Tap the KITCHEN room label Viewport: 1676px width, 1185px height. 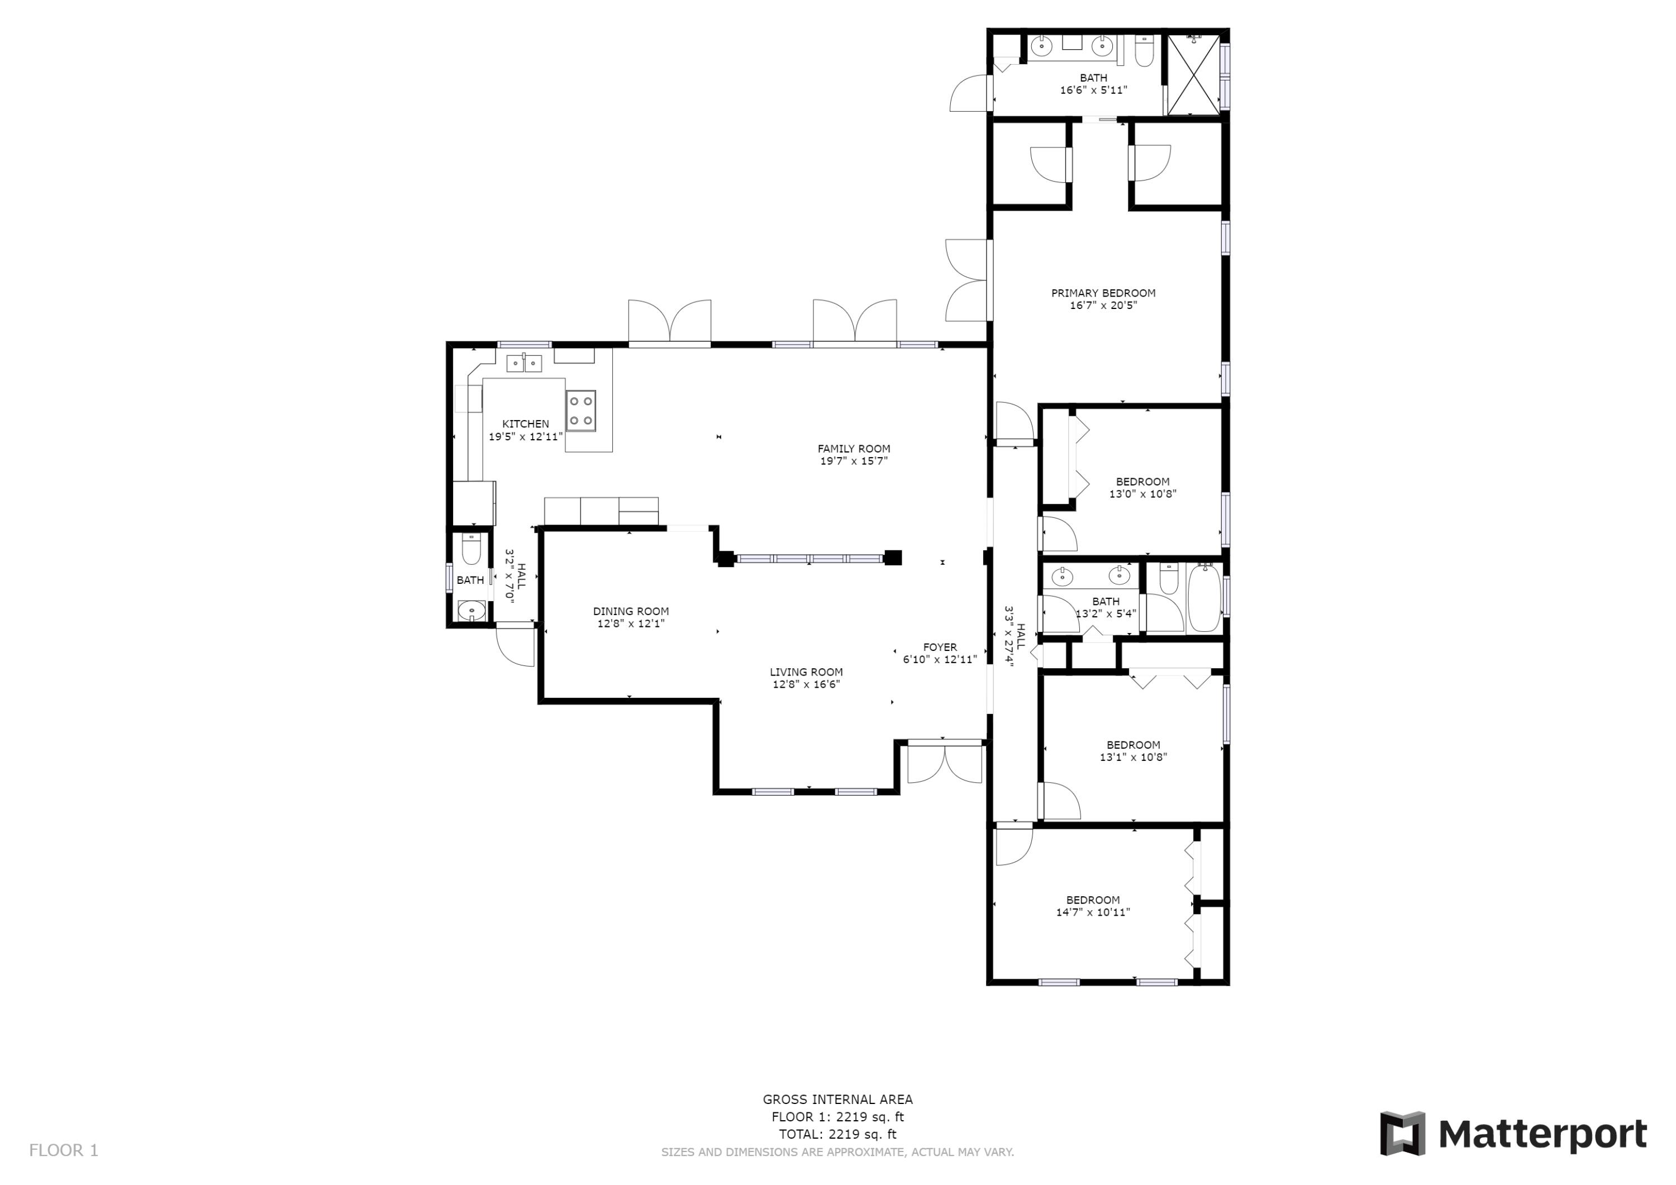[526, 424]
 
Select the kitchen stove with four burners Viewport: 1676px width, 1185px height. [580, 410]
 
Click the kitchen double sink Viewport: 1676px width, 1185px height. [524, 363]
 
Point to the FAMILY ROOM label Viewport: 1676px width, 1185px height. [854, 449]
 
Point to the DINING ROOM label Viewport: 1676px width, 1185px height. [631, 612]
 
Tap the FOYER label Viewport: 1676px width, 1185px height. [940, 648]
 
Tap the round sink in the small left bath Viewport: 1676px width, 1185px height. [472, 610]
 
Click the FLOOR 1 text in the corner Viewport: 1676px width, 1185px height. [64, 1151]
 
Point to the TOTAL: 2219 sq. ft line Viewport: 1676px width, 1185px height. [837, 1135]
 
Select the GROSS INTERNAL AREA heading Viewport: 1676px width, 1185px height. [837, 1100]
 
